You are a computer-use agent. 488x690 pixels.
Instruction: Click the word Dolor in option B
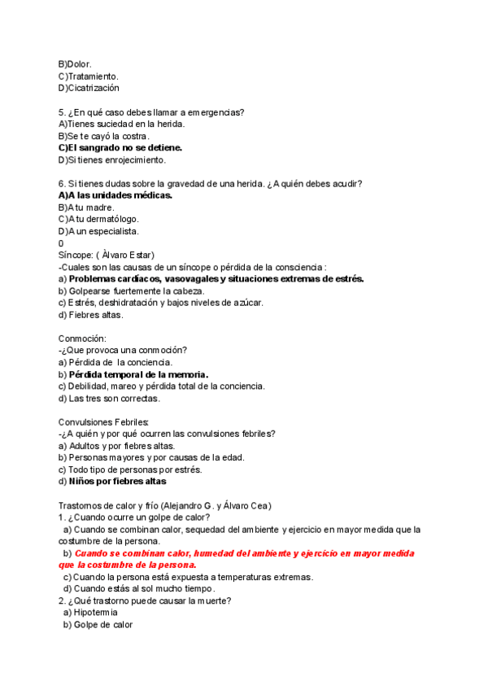(x=79, y=63)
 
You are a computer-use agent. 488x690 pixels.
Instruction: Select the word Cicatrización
(x=93, y=88)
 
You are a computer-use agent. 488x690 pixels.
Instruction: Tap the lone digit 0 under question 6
(x=61, y=243)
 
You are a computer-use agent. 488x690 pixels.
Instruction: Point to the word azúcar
(x=245, y=303)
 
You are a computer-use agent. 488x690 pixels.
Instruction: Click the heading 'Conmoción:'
(x=82, y=338)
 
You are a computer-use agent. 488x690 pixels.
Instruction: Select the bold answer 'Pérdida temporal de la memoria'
(x=138, y=374)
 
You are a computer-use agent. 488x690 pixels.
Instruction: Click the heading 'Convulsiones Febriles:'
(x=103, y=421)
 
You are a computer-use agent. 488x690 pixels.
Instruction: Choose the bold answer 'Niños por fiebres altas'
(x=117, y=481)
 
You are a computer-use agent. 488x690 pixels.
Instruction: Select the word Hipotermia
(x=95, y=613)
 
